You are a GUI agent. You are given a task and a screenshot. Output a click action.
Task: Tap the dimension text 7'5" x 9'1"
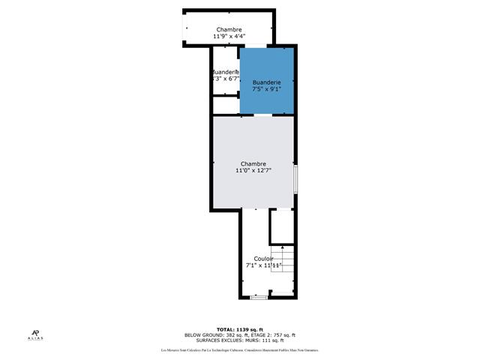(267, 89)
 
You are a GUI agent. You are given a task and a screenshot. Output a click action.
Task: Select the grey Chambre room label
(253, 163)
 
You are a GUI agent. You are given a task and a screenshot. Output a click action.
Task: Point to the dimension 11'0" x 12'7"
(253, 170)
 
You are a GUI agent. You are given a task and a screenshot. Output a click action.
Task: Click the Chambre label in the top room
(229, 29)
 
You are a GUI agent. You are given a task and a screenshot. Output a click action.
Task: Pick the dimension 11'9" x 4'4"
(229, 36)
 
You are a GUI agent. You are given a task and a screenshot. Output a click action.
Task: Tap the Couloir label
(263, 259)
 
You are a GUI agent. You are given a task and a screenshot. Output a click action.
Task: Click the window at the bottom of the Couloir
(259, 298)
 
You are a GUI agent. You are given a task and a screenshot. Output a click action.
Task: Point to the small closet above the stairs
(281, 226)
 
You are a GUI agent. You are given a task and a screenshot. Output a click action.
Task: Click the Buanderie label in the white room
(224, 72)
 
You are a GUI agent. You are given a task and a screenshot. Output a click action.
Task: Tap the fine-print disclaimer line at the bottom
(240, 350)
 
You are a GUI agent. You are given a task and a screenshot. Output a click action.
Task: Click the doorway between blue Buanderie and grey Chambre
(263, 115)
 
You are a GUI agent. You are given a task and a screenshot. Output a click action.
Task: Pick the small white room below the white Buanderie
(225, 105)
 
